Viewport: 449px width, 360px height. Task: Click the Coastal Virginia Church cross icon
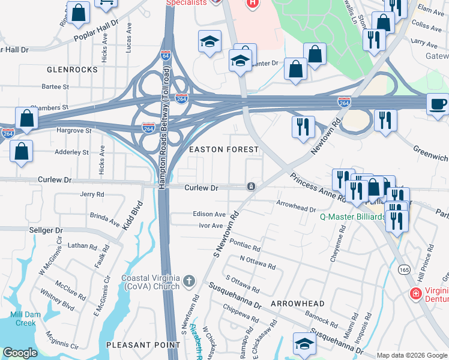pyautogui.click(x=188, y=280)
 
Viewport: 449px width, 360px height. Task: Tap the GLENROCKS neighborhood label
pyautogui.click(x=72, y=70)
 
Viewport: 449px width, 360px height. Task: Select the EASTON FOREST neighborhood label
pyautogui.click(x=224, y=149)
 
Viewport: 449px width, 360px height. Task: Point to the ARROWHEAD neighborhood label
pyautogui.click(x=297, y=304)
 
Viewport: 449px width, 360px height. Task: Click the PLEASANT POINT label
pyautogui.click(x=143, y=345)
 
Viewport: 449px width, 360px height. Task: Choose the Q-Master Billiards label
pyautogui.click(x=351, y=217)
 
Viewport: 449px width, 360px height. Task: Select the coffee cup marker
pyautogui.click(x=438, y=103)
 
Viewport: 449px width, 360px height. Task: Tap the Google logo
pyautogui.click(x=20, y=353)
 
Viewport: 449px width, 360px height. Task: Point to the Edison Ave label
pyautogui.click(x=209, y=214)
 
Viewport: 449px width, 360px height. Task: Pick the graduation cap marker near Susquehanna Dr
pyautogui.click(x=304, y=343)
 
